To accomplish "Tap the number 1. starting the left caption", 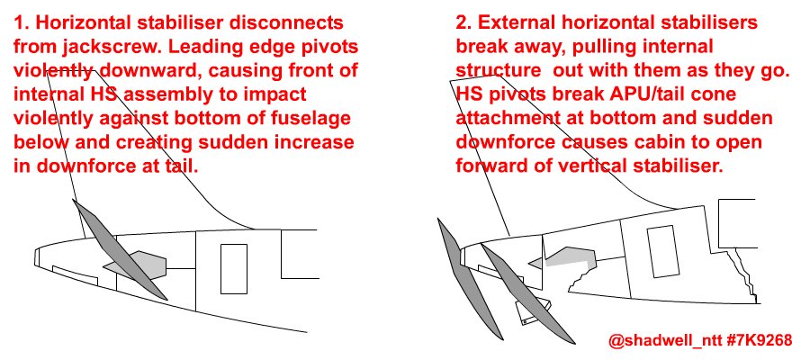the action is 22,22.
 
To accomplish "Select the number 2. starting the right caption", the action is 463,22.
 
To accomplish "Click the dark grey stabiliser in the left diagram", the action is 120,250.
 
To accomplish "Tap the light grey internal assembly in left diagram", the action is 139,265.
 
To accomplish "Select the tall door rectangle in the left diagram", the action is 233,268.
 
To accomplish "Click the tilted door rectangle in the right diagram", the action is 662,251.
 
